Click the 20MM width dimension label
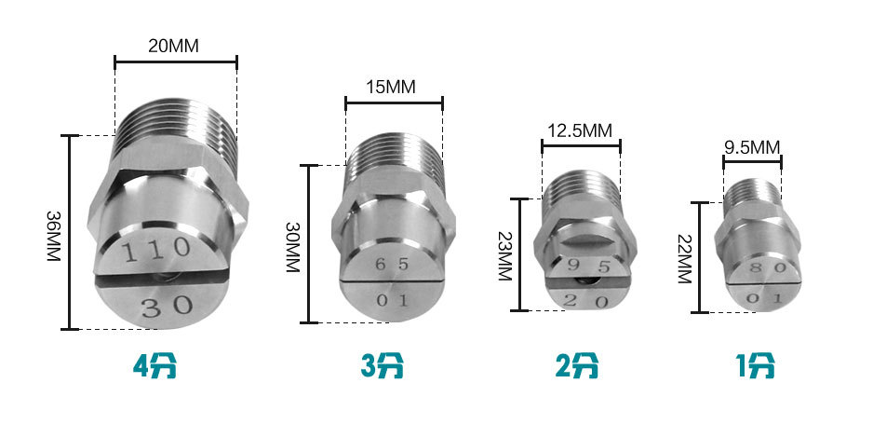[173, 46]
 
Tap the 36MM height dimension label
[53, 237]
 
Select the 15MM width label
[391, 88]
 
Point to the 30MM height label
[293, 247]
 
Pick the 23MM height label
[504, 255]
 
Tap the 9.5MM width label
[752, 147]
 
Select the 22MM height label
[684, 258]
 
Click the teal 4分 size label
[154, 366]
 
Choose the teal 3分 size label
[383, 366]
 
